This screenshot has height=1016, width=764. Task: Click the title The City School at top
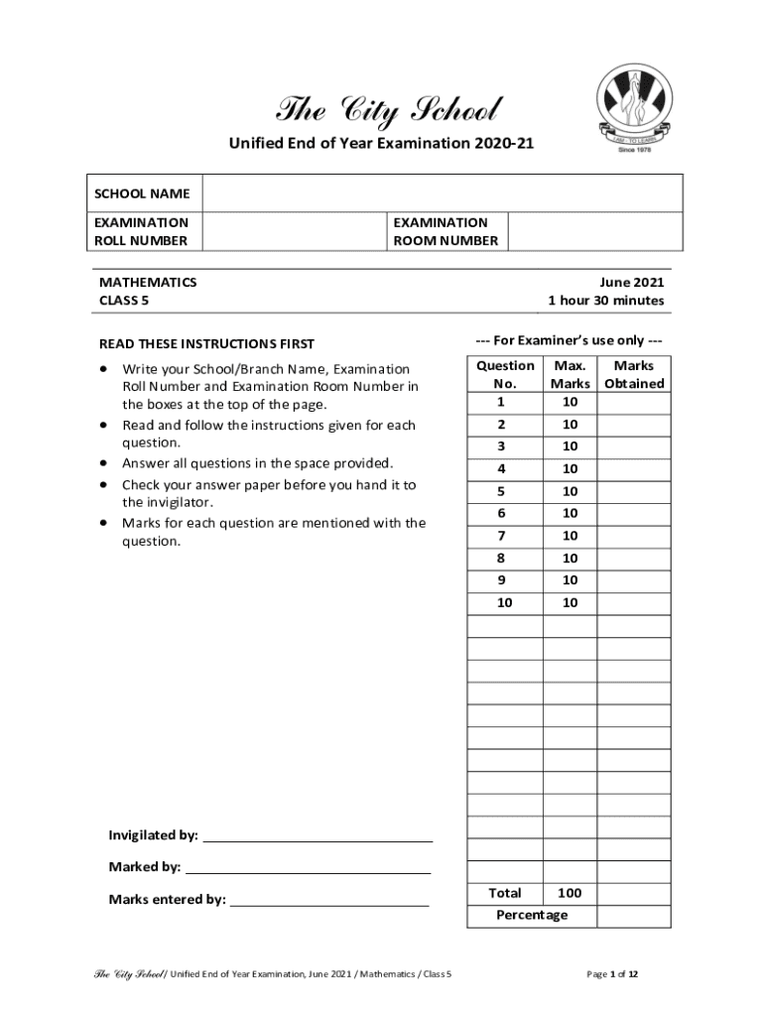[x=389, y=108]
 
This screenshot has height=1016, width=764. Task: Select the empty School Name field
[x=443, y=193]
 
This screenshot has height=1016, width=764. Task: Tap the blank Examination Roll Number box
[x=295, y=231]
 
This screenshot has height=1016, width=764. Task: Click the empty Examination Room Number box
[x=595, y=231]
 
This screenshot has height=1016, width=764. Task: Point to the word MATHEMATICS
[x=148, y=282]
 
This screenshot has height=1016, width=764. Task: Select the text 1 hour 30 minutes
[x=605, y=302]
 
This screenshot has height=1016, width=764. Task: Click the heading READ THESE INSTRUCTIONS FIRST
[x=206, y=344]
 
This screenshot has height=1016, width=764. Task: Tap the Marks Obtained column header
[x=634, y=375]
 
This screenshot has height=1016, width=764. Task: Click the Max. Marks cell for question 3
[x=570, y=446]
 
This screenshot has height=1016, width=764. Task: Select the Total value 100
[x=570, y=893]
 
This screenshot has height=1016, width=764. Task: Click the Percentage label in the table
[x=532, y=915]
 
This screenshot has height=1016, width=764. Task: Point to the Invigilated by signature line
[x=317, y=835]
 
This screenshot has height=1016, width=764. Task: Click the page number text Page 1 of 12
[x=612, y=974]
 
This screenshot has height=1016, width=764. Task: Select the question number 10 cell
[x=505, y=603]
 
